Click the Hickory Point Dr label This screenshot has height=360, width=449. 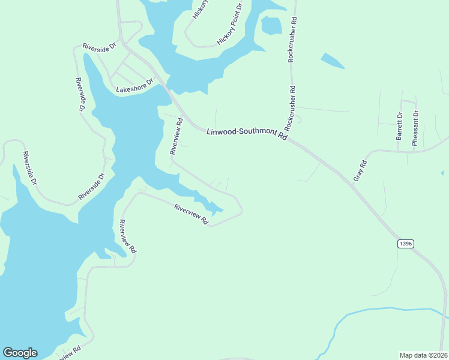click(230, 25)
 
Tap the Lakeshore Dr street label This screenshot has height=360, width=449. click(135, 85)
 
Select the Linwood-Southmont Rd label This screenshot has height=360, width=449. click(247, 134)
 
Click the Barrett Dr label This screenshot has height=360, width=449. click(399, 125)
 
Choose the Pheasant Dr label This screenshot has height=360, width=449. click(415, 128)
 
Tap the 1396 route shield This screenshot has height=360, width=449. click(405, 243)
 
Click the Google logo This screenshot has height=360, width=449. click(20, 353)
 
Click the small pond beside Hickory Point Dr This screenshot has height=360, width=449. click(271, 25)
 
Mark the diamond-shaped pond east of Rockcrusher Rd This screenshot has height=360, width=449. click(332, 61)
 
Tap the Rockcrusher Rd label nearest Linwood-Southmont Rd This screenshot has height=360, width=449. click(291, 108)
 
